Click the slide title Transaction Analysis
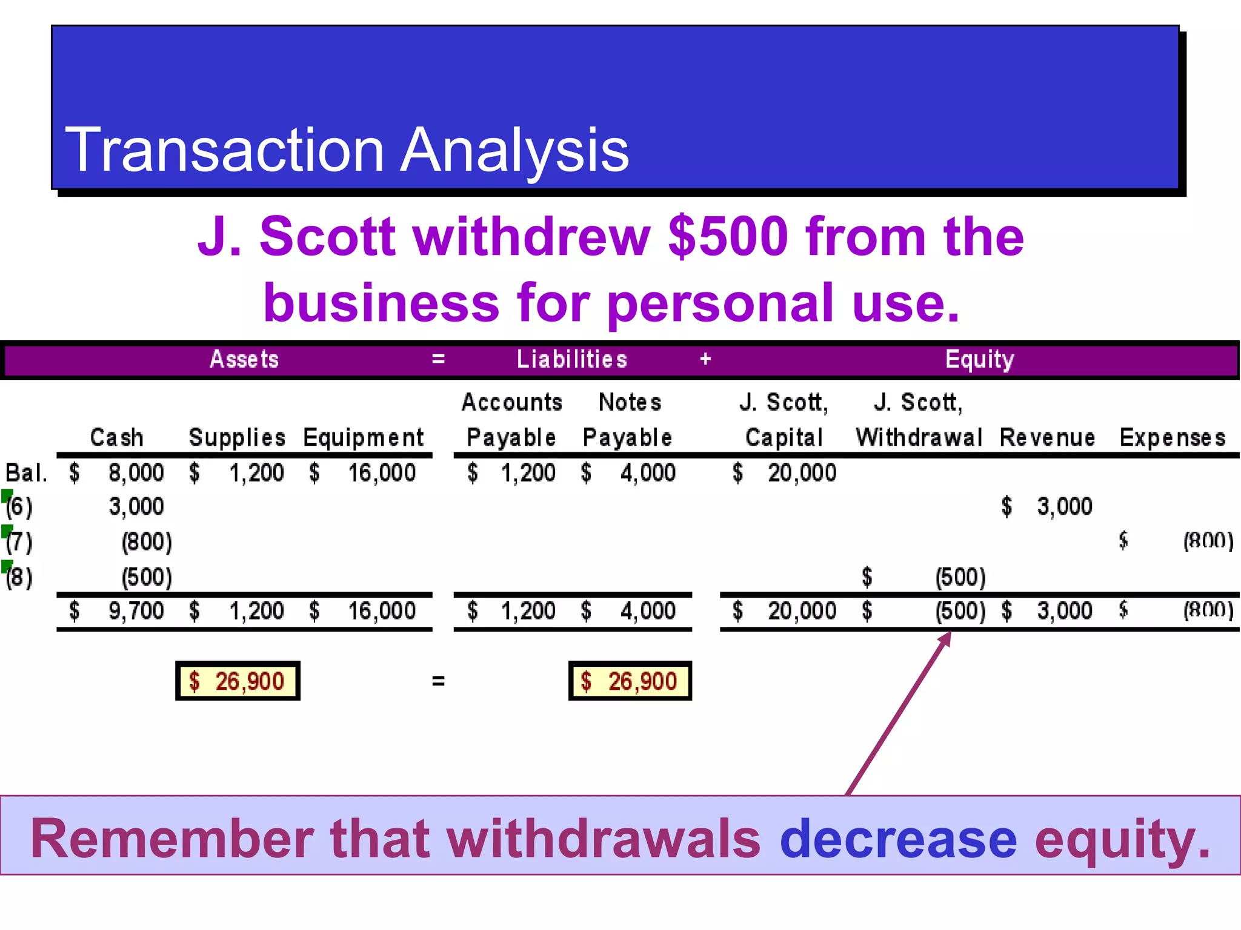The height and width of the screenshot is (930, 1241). pos(347,150)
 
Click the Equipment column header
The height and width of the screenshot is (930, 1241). pos(363,438)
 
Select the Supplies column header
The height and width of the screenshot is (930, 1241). pos(237,438)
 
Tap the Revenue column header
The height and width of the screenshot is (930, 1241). pos(1047,438)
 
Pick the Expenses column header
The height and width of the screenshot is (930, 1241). pos(1173,438)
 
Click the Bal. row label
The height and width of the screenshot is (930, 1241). pos(26,473)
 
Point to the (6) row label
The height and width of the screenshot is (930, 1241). pos(19,507)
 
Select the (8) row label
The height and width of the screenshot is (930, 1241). pos(19,577)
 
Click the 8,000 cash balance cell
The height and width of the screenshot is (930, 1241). pos(136,473)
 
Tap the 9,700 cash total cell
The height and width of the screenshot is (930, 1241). pos(136,611)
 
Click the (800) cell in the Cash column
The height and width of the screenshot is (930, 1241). pos(147,542)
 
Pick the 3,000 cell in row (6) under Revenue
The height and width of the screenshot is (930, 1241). pos(1064,507)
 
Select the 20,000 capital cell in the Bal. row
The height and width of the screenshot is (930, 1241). pos(802,473)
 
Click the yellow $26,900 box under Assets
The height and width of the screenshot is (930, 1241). pos(238,681)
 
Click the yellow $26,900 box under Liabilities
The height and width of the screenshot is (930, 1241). pos(630,681)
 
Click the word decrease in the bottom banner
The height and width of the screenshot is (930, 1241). pos(898,839)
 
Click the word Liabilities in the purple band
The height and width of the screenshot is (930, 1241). pos(571,360)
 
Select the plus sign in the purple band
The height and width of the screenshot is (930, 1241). pos(705,360)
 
